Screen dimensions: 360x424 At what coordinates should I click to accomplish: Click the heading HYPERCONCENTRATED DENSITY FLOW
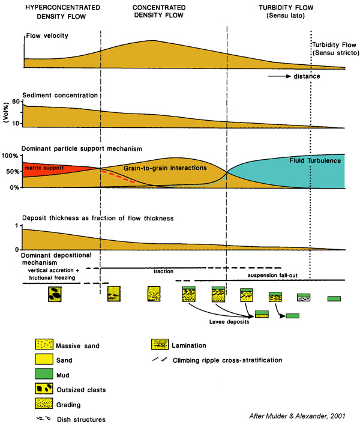click(62, 12)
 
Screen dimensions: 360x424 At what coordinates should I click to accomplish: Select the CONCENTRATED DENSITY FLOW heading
click(159, 11)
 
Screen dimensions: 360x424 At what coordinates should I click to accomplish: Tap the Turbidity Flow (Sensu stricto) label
click(336, 49)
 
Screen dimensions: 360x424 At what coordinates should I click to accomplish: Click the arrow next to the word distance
click(279, 76)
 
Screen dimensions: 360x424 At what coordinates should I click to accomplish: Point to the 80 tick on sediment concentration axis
click(16, 101)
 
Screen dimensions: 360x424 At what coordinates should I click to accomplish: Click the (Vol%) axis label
click(6, 112)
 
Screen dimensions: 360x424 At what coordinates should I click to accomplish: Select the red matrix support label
click(44, 168)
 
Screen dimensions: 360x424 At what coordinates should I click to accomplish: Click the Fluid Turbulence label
click(315, 160)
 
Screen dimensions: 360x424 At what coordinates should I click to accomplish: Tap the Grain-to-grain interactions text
click(165, 168)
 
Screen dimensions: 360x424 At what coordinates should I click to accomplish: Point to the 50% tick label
click(13, 172)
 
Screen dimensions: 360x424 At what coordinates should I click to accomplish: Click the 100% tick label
click(10, 156)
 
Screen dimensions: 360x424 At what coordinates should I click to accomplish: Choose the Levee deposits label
click(229, 322)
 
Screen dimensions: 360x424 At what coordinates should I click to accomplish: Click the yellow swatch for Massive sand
click(44, 344)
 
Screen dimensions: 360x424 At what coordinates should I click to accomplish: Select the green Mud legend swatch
click(44, 374)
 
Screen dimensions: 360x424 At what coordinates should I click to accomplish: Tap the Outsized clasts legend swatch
click(44, 389)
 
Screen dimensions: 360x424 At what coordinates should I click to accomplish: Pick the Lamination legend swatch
click(160, 344)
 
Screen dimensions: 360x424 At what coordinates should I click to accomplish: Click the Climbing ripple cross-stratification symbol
click(160, 360)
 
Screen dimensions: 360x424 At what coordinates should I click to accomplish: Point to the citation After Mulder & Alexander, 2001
click(297, 416)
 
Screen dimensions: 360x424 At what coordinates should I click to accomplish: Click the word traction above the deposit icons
click(163, 271)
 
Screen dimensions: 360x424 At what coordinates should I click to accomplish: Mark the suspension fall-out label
click(272, 275)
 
